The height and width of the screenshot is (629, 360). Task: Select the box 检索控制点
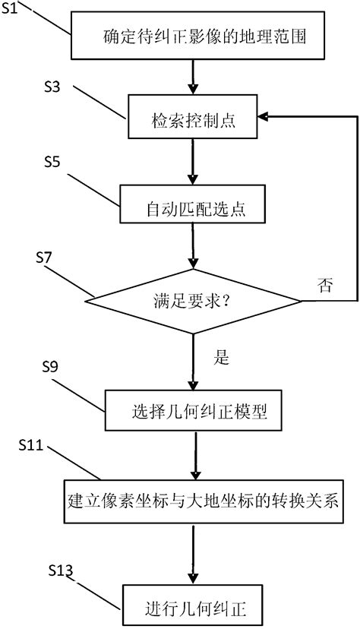tap(193, 116)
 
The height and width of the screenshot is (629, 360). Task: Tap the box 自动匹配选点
tap(193, 206)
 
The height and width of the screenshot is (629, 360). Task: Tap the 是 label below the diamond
tap(221, 358)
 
